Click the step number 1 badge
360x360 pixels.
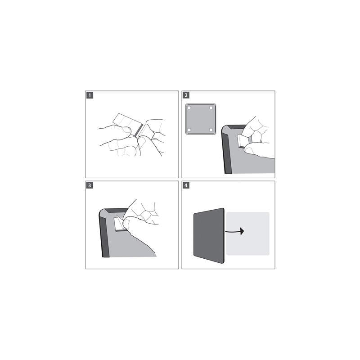[x=90, y=95]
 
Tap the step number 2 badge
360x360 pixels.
[x=186, y=95]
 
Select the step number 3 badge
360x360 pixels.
[x=90, y=185]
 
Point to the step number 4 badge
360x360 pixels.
[x=186, y=185]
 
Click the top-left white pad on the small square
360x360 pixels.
[x=189, y=108]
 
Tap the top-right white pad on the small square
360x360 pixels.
[x=211, y=108]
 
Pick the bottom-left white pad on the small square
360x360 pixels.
[x=189, y=130]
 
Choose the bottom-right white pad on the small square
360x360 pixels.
[x=211, y=130]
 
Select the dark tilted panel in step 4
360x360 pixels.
[x=209, y=235]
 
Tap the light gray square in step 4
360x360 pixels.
[x=248, y=234]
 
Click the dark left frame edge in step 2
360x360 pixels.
[x=226, y=152]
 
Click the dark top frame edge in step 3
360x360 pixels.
[x=117, y=211]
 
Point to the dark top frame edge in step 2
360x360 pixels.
[x=237, y=127]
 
